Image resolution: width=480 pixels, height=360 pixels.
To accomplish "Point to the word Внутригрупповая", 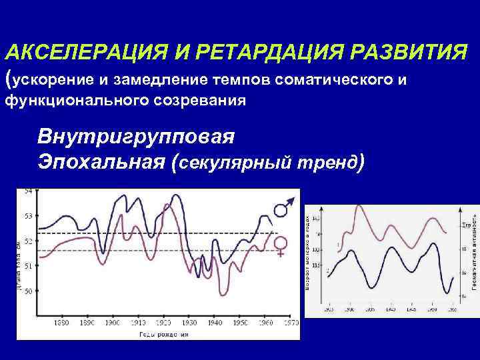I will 136,138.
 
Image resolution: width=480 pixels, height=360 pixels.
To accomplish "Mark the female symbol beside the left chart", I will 281,245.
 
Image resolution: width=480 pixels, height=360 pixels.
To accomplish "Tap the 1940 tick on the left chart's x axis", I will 214,323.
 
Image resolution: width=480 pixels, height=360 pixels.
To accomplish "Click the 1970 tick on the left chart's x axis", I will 290,323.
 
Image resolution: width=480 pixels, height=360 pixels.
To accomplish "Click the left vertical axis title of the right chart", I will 308,253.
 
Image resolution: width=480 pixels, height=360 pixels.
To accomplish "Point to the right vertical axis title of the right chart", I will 473,253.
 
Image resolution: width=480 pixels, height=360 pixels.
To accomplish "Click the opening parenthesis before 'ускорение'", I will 8,79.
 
